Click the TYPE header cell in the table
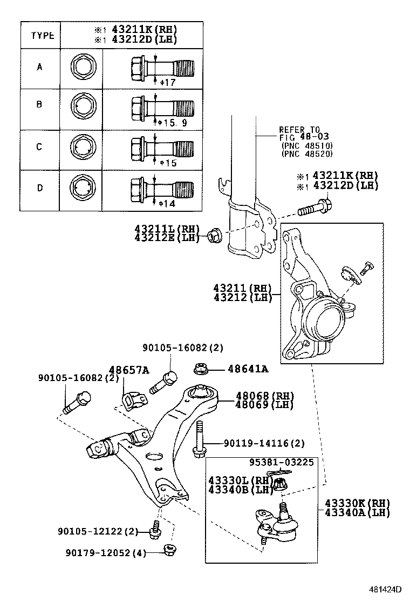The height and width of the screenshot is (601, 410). (x=42, y=36)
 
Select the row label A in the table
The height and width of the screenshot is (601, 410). (x=39, y=68)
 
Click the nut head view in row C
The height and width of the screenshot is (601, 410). (x=83, y=148)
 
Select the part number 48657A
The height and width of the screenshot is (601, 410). (x=129, y=370)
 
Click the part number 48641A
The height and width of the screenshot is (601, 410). (x=248, y=369)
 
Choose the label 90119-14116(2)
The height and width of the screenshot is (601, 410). (x=264, y=444)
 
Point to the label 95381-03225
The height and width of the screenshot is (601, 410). (x=281, y=463)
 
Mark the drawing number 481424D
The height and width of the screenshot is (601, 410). (x=386, y=589)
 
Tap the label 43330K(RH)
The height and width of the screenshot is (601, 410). (x=357, y=503)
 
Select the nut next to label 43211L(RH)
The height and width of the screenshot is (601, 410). (x=212, y=237)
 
